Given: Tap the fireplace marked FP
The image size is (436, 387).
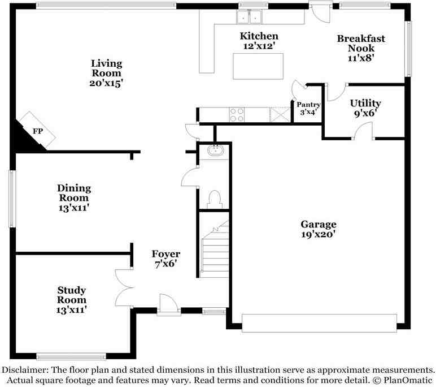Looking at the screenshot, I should click(x=37, y=131).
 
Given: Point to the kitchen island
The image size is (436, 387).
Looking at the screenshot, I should click(x=258, y=66).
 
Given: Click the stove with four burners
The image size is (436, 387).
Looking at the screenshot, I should click(x=237, y=115).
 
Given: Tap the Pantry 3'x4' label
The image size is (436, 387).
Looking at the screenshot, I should click(x=308, y=108).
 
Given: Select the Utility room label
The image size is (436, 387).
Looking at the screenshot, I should click(x=365, y=107).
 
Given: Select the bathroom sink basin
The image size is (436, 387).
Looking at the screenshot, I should click(x=215, y=150).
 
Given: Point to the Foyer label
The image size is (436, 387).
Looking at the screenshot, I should click(x=165, y=259).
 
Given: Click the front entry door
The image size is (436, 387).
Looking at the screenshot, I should click(x=168, y=304).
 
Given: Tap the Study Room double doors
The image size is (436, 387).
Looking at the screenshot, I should click(x=123, y=287).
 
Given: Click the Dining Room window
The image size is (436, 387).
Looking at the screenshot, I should click(x=11, y=199).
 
